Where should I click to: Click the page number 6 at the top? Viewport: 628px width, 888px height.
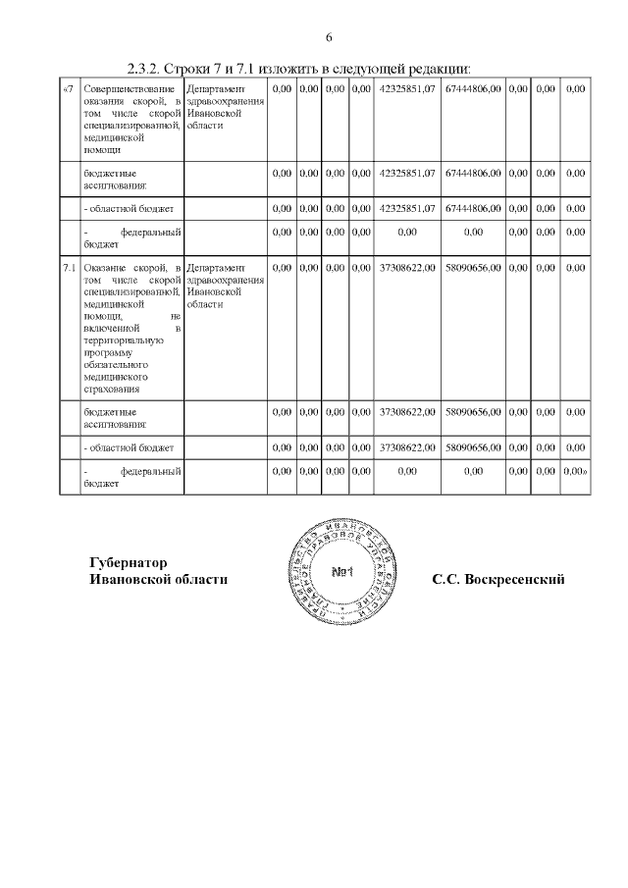tap(329, 37)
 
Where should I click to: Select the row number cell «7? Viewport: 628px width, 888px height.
tap(67, 89)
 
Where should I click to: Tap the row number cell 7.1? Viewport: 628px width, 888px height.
tap(69, 268)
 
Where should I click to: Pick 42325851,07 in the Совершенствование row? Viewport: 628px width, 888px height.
tap(406, 89)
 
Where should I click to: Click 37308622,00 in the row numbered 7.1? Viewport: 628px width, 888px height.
tap(406, 268)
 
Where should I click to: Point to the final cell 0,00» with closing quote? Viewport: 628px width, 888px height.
tap(575, 472)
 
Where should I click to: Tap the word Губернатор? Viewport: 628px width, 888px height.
tap(128, 563)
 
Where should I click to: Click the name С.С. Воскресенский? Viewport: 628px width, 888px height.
tap(498, 580)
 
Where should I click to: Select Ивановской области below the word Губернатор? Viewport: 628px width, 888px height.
tap(158, 580)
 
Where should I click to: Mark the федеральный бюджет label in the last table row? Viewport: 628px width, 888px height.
tap(132, 478)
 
